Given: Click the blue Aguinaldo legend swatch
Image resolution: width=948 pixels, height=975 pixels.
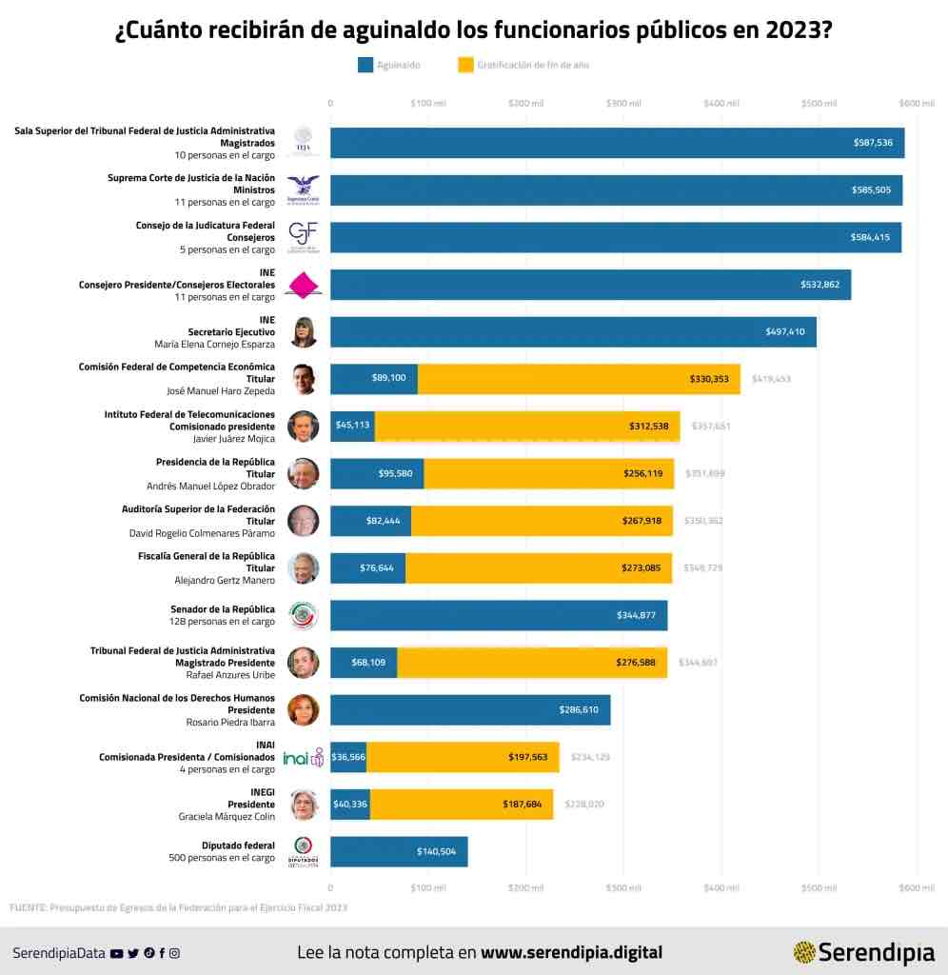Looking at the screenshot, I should (x=365, y=65).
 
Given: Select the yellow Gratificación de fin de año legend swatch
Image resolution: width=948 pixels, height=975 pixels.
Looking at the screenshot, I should (x=465, y=65).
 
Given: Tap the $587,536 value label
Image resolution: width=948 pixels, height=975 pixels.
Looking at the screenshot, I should (x=872, y=143).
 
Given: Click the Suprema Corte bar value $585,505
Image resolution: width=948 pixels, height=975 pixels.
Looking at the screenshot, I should (x=871, y=190).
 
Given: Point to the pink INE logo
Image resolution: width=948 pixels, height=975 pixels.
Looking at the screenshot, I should (x=304, y=285).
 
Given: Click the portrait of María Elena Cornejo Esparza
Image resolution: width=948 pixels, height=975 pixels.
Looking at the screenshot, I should (x=304, y=332).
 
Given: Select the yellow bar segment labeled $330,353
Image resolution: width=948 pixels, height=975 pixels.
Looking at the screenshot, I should (x=709, y=379).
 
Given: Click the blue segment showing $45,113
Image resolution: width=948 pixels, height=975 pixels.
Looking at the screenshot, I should (x=352, y=427).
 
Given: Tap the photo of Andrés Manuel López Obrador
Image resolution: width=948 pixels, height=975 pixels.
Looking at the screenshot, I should (x=304, y=473).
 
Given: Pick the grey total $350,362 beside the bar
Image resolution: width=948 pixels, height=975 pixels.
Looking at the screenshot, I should (x=703, y=521).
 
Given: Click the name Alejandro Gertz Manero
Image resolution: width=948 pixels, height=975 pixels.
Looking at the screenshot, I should (x=225, y=580).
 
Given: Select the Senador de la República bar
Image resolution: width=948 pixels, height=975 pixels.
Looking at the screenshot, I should (x=498, y=615).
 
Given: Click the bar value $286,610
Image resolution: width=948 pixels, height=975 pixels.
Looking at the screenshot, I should (x=579, y=710).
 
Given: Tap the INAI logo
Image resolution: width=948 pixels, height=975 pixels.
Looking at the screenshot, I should (x=304, y=757).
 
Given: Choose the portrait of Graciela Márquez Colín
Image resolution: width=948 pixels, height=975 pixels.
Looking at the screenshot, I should (x=304, y=805).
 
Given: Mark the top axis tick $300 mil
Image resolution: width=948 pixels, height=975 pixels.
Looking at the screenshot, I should (x=622, y=103).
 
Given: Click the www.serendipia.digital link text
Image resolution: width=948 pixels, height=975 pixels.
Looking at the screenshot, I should (x=571, y=952).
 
